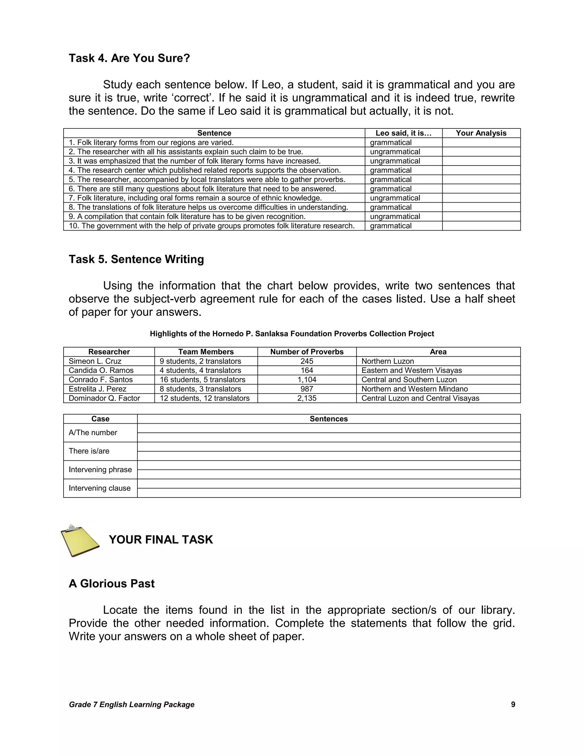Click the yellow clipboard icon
80,541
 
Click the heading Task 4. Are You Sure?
129,58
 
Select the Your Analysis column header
481,133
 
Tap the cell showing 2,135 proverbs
307,399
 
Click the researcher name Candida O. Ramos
101,370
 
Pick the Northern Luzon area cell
388,361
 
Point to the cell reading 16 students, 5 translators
202,380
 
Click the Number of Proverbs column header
307,352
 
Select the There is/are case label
89,451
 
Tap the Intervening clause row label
100,488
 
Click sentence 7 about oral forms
195,198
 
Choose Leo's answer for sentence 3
395,161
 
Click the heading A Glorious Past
111,584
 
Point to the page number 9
513,705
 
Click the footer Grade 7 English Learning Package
131,705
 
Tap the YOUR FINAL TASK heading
161,540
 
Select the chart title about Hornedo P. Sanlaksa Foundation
292,334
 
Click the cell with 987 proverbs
307,389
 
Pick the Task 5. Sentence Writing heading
136,259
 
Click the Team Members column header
206,352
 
